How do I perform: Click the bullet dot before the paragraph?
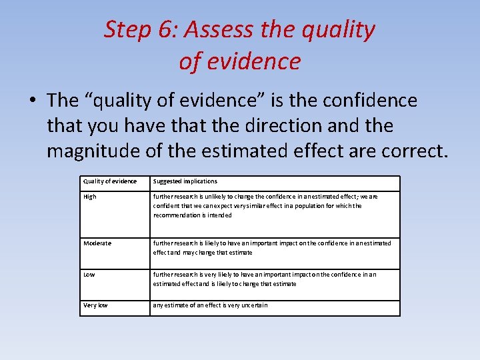click(x=32, y=101)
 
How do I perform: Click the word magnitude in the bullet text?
click(x=94, y=151)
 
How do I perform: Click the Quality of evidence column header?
click(x=110, y=181)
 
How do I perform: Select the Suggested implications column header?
click(x=185, y=181)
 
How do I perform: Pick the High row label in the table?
click(x=90, y=197)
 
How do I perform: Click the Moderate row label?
click(x=97, y=243)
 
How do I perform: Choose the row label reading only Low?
click(x=89, y=274)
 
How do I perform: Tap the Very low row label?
click(x=95, y=305)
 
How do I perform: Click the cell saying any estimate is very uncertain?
click(x=211, y=305)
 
